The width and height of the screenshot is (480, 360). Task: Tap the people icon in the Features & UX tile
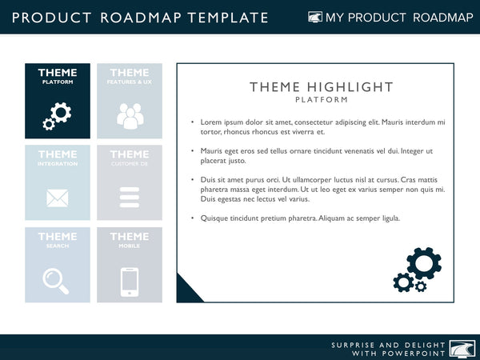point(129,116)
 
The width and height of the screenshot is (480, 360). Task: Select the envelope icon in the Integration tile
point(57,198)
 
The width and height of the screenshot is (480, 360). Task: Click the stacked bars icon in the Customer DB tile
point(129,198)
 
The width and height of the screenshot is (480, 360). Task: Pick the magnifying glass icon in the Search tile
point(56,279)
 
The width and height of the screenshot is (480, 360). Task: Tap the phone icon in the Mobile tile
point(129,281)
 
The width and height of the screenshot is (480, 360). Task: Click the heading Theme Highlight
point(321,87)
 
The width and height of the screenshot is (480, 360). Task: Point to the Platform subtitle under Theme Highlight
point(321,100)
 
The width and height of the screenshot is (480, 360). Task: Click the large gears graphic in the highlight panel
point(418,270)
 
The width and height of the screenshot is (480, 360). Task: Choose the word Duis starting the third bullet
point(208,180)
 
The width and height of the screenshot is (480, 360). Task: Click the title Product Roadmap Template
point(140,17)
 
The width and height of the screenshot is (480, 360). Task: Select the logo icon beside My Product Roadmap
point(315,17)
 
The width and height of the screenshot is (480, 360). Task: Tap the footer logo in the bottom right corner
point(462,348)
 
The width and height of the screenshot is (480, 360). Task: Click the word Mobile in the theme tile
point(129,246)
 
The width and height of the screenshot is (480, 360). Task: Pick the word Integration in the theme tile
point(57,164)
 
